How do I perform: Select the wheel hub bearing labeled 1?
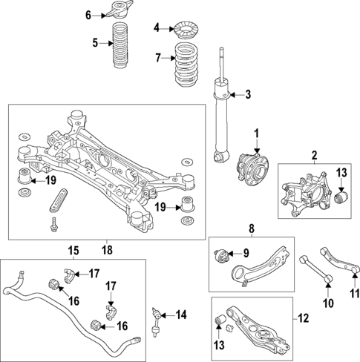click(247, 166)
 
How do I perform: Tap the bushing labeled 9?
click(220, 255)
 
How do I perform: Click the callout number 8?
click(251, 228)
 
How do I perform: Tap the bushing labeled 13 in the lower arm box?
click(220, 320)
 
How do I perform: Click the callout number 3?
click(249, 94)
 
